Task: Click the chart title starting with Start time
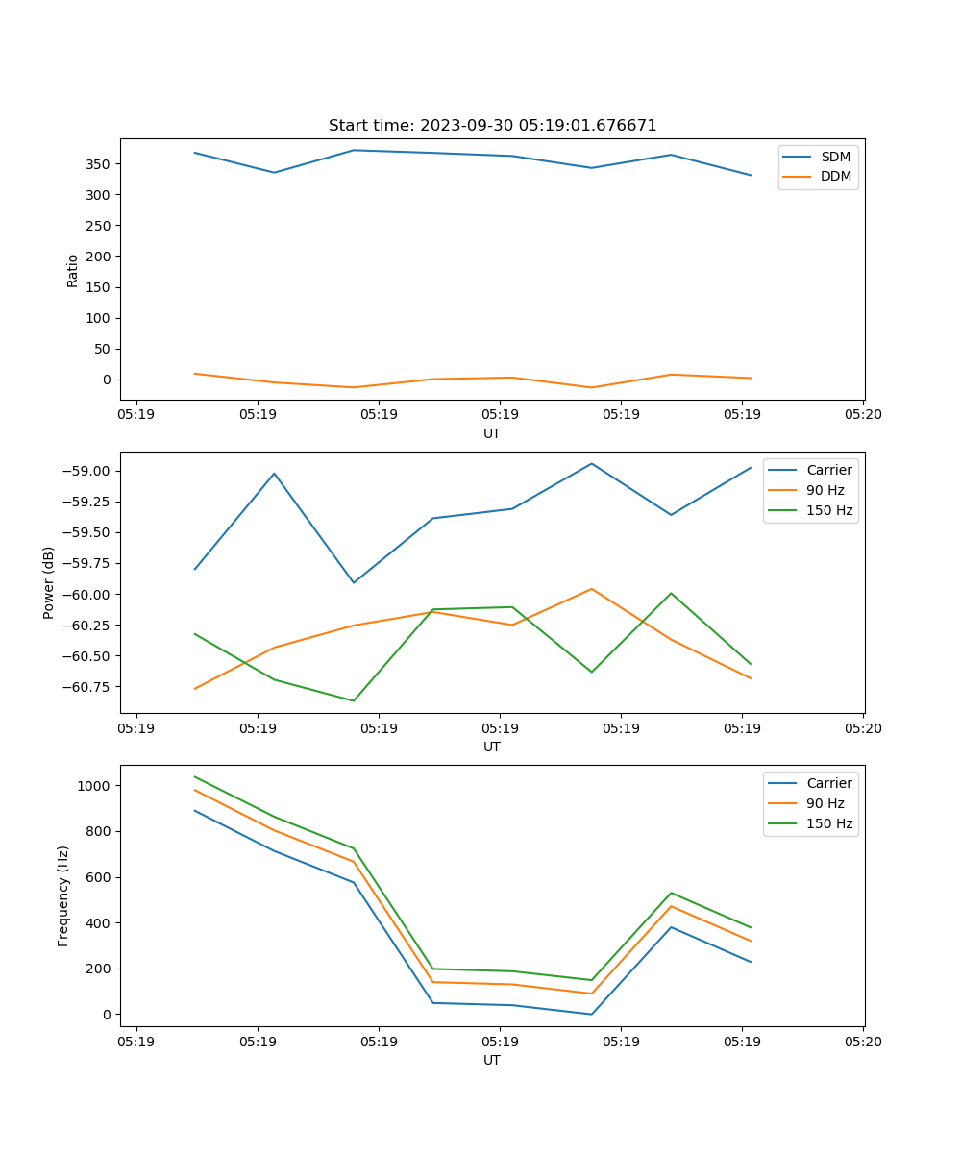492,126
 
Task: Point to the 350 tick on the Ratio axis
100,164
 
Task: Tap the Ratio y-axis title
72,270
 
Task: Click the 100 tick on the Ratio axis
100,318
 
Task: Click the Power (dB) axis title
49,582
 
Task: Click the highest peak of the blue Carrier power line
591,464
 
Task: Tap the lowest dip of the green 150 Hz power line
353,700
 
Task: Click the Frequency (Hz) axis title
63,895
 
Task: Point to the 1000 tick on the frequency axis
95,786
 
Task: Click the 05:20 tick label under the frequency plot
862,1041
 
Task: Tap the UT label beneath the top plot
491,433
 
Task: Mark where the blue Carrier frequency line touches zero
591,1014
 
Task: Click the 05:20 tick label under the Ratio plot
862,414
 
